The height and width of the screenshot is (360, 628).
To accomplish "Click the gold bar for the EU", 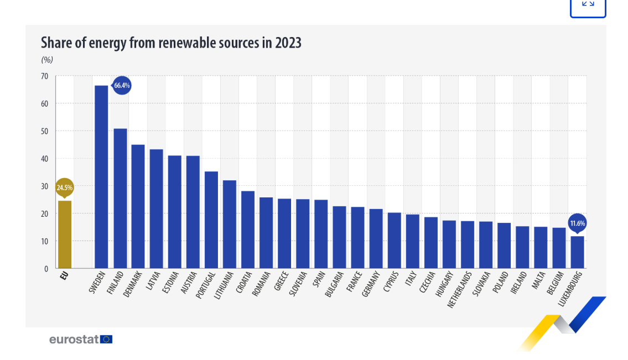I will point(65,234).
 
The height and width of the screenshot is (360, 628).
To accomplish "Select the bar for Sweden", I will point(101,177).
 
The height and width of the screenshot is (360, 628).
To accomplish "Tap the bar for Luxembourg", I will point(577,252).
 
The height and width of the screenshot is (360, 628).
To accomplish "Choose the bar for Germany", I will point(376,239).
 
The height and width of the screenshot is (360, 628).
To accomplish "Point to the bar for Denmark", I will point(138,206).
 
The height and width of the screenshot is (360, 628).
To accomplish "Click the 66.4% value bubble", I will point(122,85).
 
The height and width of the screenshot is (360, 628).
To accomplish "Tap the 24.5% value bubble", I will point(64,187).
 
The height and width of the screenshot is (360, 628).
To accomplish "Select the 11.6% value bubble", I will point(577,223).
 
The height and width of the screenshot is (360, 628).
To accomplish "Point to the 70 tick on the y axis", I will point(44,76).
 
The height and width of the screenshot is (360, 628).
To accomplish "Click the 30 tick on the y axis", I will point(44,186).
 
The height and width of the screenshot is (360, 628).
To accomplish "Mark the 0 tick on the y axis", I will point(46,269).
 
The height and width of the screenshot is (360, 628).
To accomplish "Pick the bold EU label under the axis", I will point(64,274).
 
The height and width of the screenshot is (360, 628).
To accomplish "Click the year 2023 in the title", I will point(288,43).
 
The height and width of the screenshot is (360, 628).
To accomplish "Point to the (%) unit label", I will point(47,60).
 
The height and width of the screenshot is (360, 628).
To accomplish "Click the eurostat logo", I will point(81,339).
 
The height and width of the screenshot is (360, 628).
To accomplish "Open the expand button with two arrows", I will point(588,4).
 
